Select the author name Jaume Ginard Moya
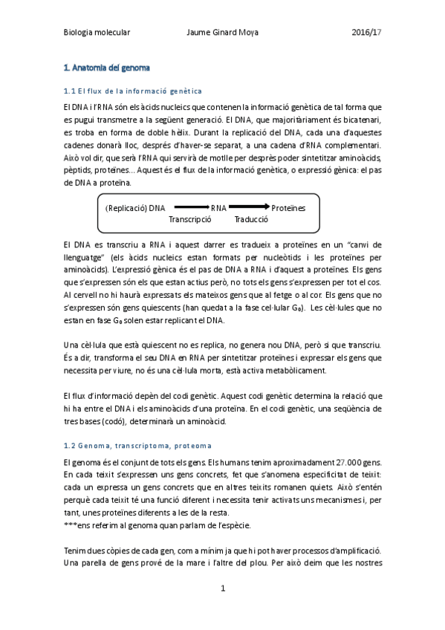(221, 33)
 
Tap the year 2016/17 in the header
(366, 33)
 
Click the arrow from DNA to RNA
(191, 208)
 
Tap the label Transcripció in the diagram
(190, 220)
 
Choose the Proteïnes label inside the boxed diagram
(288, 209)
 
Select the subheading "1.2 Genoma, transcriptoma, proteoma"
(137, 446)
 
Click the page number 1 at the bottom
(222, 588)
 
